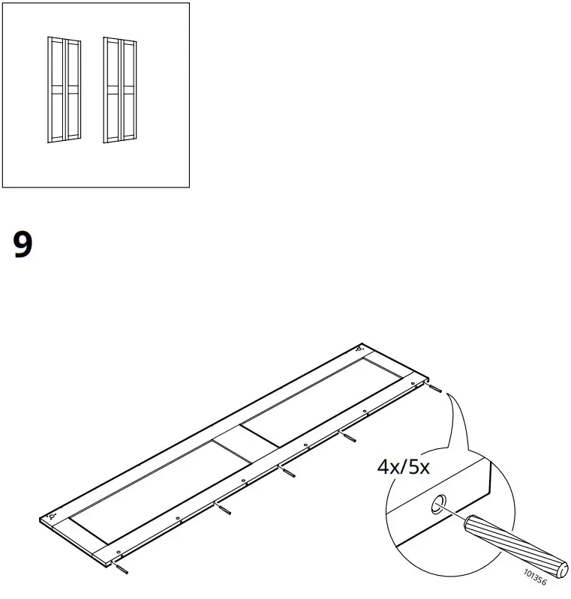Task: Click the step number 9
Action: point(23,244)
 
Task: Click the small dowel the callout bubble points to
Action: point(436,388)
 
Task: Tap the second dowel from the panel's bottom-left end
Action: point(224,508)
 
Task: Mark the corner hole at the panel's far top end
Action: point(359,349)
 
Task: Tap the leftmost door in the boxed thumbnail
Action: point(55,89)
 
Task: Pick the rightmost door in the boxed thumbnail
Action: point(128,89)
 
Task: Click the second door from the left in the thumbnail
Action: point(73,89)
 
